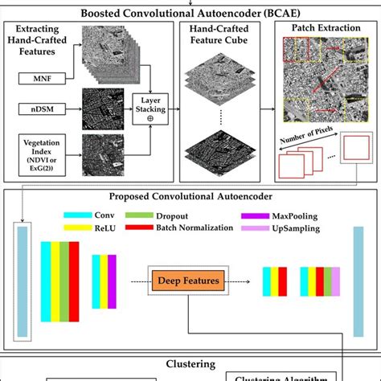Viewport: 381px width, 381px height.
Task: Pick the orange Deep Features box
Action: [x=186, y=282]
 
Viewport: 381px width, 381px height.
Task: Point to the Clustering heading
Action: [x=190, y=363]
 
